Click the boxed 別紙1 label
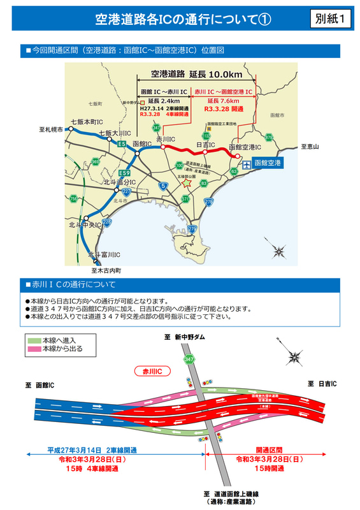pos(331,19)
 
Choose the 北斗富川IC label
pos(104,255)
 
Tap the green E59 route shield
pos(125,173)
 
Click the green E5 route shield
pos(121,145)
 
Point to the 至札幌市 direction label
pos(51,130)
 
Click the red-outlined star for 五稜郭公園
pos(186,182)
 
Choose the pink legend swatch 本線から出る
pos(33,349)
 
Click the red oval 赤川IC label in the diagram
pos(150,370)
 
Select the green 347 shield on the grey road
pos(189,360)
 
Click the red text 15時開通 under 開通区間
pos(270,469)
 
